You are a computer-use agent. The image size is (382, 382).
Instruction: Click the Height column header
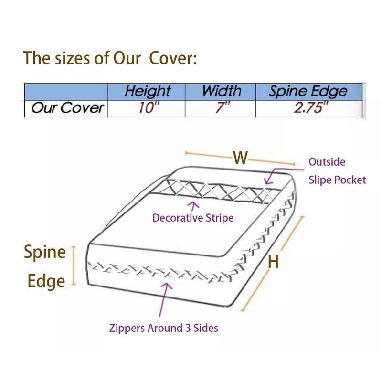click(x=148, y=91)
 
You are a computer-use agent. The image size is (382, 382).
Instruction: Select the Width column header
click(x=221, y=91)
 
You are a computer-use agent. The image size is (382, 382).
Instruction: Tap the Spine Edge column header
click(x=308, y=91)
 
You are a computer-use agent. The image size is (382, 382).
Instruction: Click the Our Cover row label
click(x=67, y=108)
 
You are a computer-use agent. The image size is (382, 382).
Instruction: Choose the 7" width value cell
click(x=222, y=108)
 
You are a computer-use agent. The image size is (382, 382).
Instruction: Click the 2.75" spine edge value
click(x=311, y=108)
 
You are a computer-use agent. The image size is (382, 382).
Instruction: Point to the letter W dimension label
click(x=240, y=158)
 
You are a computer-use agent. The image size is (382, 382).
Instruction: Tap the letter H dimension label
click(x=273, y=262)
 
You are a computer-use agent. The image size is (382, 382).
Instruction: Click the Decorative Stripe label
click(x=193, y=218)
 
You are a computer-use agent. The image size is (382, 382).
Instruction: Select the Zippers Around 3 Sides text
click(x=164, y=328)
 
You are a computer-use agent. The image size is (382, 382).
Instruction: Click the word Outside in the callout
click(x=327, y=162)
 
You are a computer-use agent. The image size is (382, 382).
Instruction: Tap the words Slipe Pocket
click(x=337, y=180)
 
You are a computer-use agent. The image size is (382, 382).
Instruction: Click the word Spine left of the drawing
click(x=45, y=252)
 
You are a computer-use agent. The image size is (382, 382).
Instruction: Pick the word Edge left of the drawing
click(x=46, y=281)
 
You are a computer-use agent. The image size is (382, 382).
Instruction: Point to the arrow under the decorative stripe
click(x=194, y=206)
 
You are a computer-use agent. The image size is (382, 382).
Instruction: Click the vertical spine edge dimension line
click(x=74, y=266)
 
